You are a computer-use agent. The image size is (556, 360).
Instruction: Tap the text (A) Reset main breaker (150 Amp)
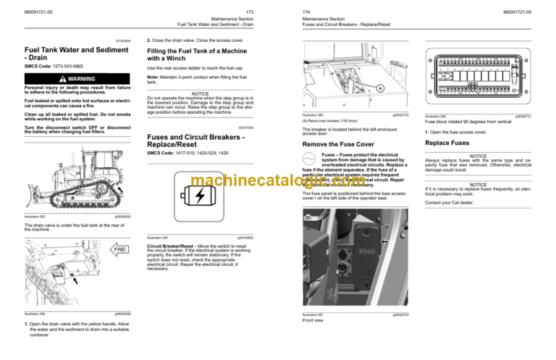329,120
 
